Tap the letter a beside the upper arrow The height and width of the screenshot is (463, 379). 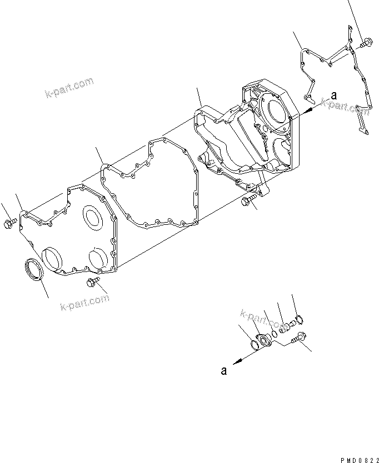(x=333, y=95)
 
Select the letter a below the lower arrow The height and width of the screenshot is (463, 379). (x=223, y=371)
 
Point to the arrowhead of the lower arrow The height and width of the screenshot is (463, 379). (x=236, y=361)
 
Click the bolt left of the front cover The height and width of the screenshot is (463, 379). (x=10, y=224)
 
